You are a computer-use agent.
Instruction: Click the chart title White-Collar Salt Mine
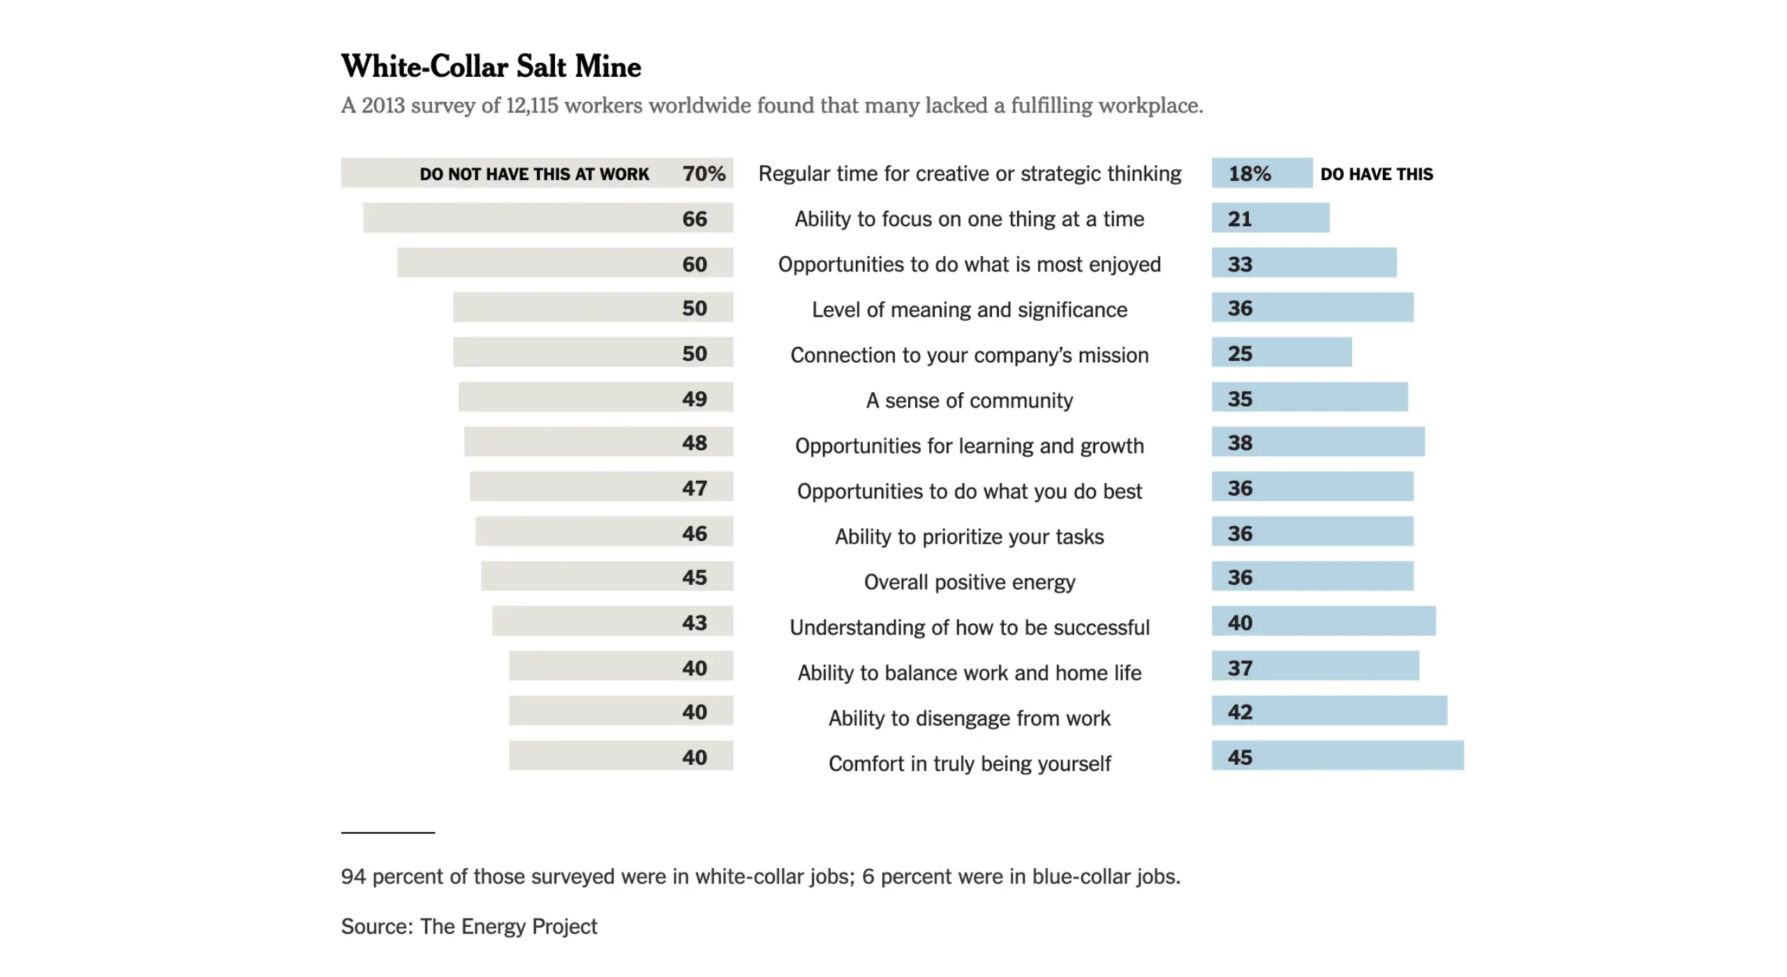[491, 66]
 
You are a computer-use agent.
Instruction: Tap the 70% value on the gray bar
[704, 173]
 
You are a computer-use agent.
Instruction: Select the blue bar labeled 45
[1337, 756]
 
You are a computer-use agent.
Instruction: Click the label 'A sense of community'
[969, 401]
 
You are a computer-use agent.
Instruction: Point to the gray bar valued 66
[548, 218]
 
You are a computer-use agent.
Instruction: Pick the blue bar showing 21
[1270, 218]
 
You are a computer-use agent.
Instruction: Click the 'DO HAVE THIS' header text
[1376, 174]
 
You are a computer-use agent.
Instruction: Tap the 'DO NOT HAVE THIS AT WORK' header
[534, 174]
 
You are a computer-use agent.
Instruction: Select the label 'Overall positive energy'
[969, 582]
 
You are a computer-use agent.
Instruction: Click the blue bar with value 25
[1281, 352]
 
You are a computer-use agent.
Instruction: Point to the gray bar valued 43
[612, 621]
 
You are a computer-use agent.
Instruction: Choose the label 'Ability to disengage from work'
[969, 718]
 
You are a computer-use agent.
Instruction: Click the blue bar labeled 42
[1328, 711]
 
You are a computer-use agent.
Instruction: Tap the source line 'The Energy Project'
[508, 926]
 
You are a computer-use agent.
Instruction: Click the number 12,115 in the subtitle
[532, 105]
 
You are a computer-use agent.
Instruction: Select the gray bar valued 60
[565, 263]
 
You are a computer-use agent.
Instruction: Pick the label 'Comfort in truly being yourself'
[969, 763]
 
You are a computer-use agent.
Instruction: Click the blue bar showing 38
[1317, 442]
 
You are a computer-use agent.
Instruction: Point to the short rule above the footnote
[387, 833]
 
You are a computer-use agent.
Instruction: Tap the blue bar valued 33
[1303, 263]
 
